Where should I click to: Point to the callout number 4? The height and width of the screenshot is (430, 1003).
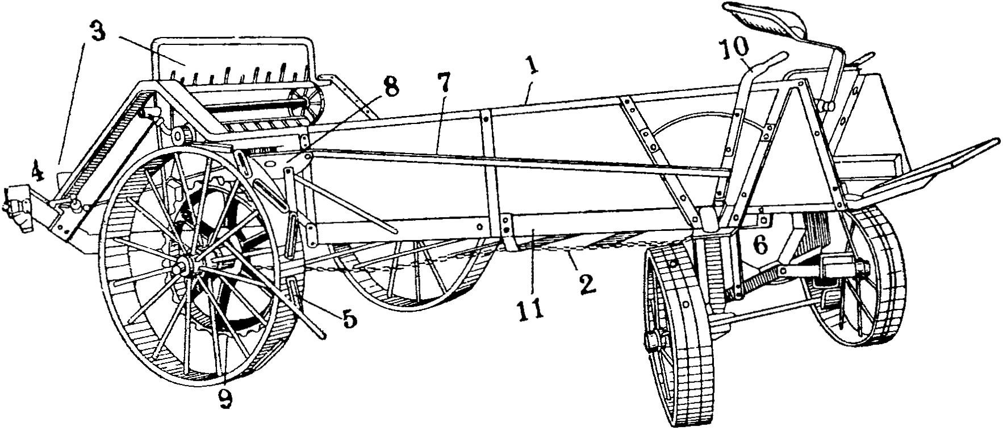(x=37, y=171)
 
